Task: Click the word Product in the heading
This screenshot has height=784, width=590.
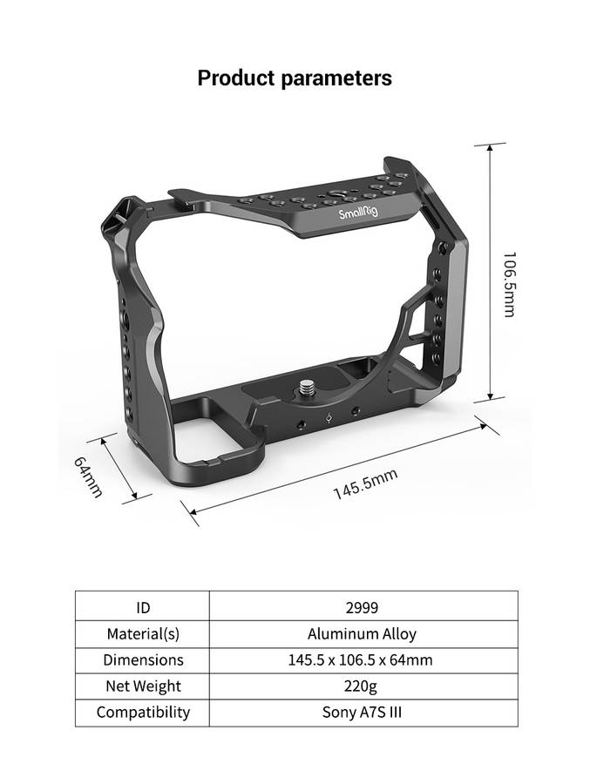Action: [235, 78]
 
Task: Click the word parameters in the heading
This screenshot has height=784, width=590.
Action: [336, 78]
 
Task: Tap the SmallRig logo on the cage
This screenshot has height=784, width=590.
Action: [359, 213]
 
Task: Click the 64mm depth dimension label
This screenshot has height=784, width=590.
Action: [88, 476]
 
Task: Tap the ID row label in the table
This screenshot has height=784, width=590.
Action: [142, 607]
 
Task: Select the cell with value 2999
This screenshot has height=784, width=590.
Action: [362, 607]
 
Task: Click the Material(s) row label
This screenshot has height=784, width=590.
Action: [142, 633]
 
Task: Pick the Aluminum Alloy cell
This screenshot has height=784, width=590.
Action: [362, 633]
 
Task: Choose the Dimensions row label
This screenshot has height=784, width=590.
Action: [142, 659]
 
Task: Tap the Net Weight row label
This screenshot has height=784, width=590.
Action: [142, 686]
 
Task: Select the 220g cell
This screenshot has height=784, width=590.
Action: [362, 686]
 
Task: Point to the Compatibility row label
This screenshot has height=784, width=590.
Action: [142, 712]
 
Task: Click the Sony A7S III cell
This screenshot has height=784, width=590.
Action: [362, 712]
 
